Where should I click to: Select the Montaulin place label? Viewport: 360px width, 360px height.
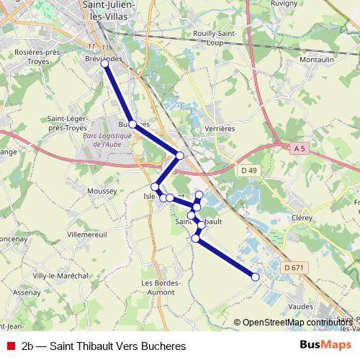(316, 59)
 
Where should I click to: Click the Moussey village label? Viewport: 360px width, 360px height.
(102, 191)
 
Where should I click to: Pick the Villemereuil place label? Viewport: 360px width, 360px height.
(86, 235)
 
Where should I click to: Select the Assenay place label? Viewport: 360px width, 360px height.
(27, 293)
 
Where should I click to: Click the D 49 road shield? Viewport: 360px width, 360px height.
(249, 170)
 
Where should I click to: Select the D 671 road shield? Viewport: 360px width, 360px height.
(292, 268)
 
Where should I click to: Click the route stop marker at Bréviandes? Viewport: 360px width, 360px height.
(105, 63)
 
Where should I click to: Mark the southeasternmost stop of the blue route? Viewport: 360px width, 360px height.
(255, 276)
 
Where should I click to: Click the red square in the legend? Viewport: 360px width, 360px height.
(10, 346)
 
